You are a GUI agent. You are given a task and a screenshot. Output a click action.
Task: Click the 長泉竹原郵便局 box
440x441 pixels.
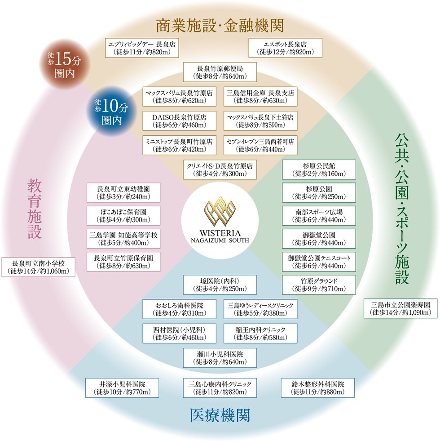click(220, 72)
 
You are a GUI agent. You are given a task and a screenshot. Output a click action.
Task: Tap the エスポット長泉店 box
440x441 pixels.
click(285, 48)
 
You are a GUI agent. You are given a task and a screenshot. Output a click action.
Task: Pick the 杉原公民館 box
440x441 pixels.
click(318, 169)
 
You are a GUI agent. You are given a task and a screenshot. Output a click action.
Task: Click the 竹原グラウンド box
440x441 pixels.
click(318, 285)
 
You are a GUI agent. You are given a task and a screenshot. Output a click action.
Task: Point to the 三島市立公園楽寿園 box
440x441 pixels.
click(400, 308)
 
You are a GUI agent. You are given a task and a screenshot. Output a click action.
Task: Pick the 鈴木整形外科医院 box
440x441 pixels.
click(317, 388)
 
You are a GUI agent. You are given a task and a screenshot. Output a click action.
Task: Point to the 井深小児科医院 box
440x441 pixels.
click(122, 388)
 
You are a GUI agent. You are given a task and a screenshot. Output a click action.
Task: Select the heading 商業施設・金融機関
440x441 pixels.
click(220, 25)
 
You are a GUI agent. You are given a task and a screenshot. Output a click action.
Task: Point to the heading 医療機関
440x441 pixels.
click(219, 415)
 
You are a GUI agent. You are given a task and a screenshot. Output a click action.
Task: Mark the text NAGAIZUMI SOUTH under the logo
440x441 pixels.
click(220, 240)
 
